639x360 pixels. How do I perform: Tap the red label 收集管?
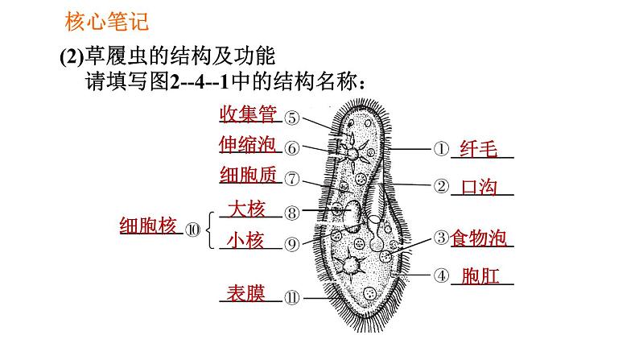point(249,115)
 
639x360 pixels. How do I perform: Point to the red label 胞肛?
point(480,276)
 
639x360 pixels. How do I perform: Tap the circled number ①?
point(440,149)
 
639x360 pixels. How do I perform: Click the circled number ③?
point(440,238)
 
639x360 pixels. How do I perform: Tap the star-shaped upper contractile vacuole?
point(352,151)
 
